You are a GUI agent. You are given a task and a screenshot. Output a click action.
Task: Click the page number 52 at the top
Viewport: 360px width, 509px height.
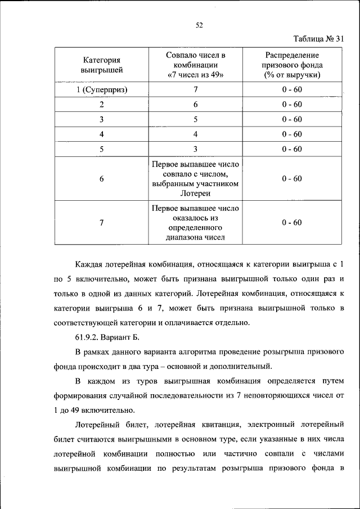click(199, 24)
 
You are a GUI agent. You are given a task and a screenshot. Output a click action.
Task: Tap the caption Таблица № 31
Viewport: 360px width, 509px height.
click(318, 39)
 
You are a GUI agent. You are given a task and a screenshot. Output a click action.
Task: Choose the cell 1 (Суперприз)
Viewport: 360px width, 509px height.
click(102, 89)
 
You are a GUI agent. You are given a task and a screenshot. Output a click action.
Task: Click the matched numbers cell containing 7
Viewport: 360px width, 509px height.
click(196, 89)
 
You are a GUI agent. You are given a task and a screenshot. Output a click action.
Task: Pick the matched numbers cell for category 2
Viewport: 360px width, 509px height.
click(196, 105)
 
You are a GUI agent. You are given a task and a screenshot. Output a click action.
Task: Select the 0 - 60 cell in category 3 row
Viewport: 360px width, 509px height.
click(292, 119)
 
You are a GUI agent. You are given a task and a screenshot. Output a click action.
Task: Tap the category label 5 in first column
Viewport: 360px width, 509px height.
click(102, 148)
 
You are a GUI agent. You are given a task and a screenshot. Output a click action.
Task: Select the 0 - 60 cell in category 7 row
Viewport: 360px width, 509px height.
click(292, 222)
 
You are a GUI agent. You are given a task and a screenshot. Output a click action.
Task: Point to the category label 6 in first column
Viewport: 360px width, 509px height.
click(102, 179)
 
